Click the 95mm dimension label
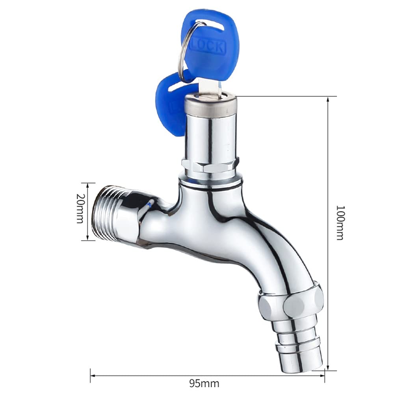click(204, 384)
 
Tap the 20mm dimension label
click(80, 208)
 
